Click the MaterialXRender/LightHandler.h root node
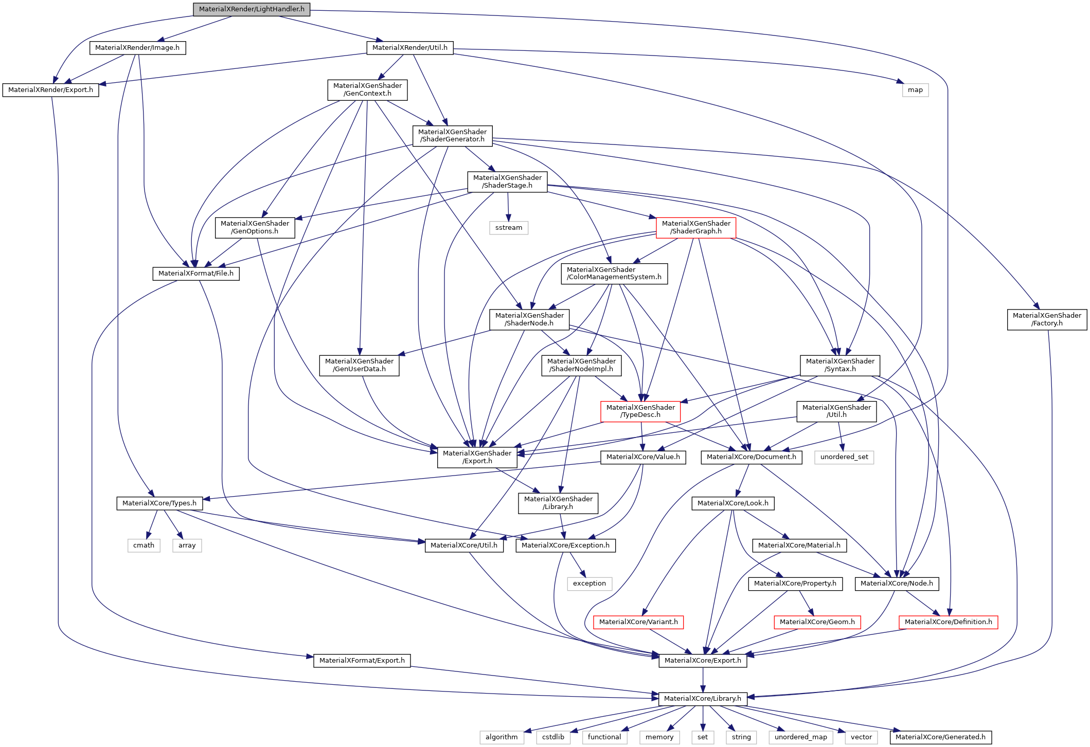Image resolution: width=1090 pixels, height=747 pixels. click(x=252, y=9)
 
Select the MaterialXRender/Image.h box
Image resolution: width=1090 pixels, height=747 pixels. click(x=137, y=48)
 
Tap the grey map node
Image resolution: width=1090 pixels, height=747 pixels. click(x=915, y=90)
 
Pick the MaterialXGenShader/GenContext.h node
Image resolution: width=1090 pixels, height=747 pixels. click(x=367, y=89)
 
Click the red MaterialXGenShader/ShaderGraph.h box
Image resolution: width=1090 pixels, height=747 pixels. click(x=695, y=227)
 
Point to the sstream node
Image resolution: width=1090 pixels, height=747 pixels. click(x=508, y=228)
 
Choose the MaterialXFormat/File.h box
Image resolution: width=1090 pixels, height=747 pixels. click(x=195, y=274)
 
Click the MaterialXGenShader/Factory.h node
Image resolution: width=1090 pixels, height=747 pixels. click(x=1046, y=319)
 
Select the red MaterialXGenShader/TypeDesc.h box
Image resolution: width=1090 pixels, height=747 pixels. click(x=640, y=411)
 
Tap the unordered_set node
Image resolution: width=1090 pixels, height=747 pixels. click(x=844, y=457)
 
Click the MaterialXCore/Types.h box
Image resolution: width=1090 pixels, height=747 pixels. click(x=159, y=503)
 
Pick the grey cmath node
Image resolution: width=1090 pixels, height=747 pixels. click(x=144, y=545)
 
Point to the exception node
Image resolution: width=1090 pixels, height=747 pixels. click(x=589, y=584)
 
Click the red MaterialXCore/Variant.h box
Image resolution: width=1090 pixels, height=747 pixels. click(x=638, y=622)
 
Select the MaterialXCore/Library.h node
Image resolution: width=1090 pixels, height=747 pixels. click(x=702, y=699)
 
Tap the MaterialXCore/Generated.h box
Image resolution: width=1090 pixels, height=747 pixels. click(x=940, y=737)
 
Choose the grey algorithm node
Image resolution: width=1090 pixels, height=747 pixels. click(x=502, y=737)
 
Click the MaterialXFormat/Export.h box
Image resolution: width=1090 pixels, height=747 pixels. click(x=362, y=661)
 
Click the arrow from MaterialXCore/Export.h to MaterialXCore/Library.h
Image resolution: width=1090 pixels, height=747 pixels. click(x=703, y=680)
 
